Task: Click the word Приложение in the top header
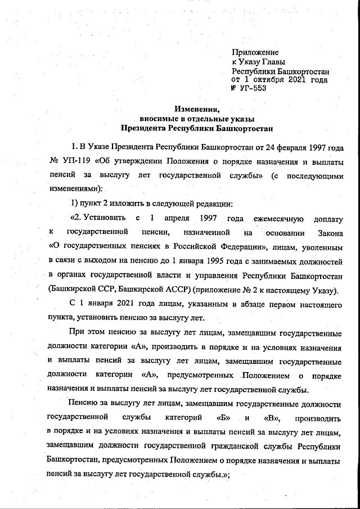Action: click(255, 52)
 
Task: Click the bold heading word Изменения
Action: click(192, 110)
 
